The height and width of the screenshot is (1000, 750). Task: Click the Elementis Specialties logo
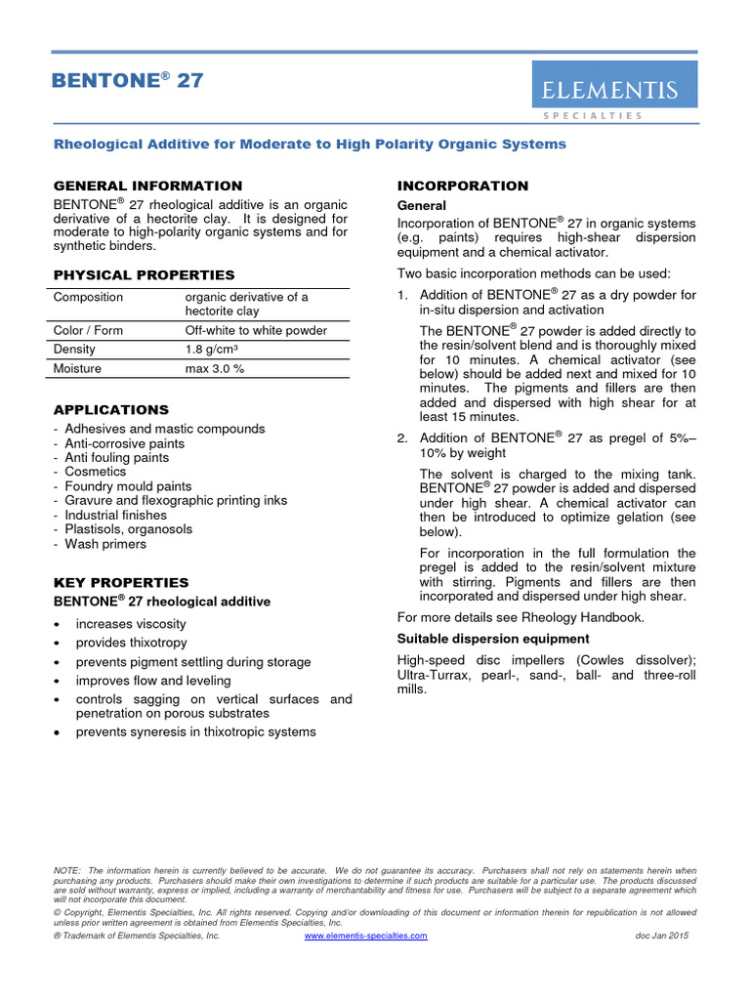tap(613, 91)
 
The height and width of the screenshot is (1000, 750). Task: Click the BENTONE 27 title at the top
tap(128, 81)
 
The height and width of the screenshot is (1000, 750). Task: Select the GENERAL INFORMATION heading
tap(147, 186)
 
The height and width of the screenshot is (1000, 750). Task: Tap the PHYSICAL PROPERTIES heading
tap(144, 275)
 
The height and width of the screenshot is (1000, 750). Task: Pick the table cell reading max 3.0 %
tap(215, 368)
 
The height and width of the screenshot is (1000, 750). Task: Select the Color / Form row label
tap(89, 330)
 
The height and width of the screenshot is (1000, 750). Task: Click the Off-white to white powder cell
tap(256, 330)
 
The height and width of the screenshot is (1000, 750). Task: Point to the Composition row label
tap(89, 297)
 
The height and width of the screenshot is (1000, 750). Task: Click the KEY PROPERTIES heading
tap(121, 583)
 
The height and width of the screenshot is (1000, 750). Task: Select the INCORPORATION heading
tap(463, 186)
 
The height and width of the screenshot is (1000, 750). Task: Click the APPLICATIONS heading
tap(110, 410)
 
